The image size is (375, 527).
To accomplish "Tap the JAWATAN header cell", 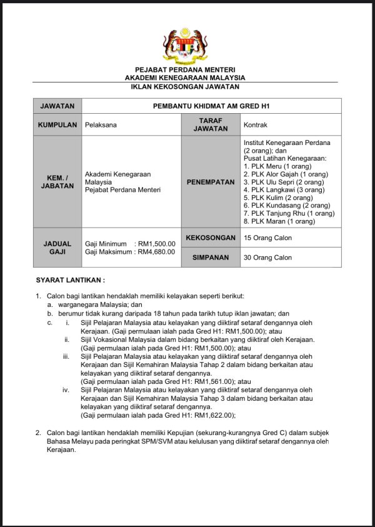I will pos(57,106).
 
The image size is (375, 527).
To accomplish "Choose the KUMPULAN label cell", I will pos(57,124).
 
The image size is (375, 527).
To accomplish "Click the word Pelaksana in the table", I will pos(101,125).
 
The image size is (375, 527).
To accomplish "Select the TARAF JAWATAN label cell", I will pos(211,124).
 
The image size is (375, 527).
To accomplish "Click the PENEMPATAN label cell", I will pos(211,182).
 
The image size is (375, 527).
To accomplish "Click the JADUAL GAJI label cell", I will pos(57,248).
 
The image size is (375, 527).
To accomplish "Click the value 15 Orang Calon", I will pos(267,238).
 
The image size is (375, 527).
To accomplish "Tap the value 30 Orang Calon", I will pos(267,258).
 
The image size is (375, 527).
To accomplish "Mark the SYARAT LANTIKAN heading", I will pos(70,280).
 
